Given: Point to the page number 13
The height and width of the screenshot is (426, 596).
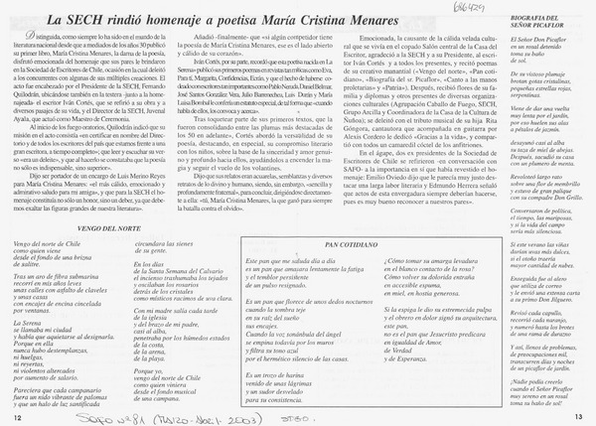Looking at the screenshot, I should [578, 417].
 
